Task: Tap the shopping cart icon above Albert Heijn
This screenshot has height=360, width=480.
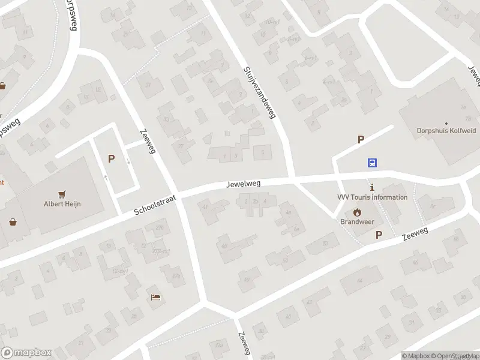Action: pos(61,194)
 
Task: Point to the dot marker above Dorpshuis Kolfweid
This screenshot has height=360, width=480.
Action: pos(445,123)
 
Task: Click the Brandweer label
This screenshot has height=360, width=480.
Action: pos(356,221)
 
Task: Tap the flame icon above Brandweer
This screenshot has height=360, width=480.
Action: pos(357,212)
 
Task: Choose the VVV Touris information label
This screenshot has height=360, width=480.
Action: pos(372,197)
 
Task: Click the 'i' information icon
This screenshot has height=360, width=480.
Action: pos(372,187)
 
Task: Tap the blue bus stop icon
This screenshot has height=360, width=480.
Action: pos(373,163)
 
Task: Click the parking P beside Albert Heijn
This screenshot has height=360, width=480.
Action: pos(111,159)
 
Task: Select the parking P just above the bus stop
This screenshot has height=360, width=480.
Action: pos(361,140)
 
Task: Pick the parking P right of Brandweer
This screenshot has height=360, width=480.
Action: pos(379,235)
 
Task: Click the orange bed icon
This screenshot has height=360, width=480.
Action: pos(156,297)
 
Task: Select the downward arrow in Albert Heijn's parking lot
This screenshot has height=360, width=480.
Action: pos(128,161)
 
